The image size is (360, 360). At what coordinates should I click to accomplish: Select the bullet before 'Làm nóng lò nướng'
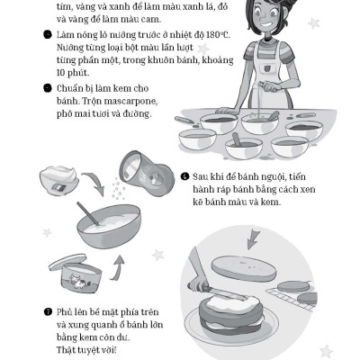pos(46,35)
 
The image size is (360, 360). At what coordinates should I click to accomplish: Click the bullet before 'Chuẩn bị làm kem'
pos(46,88)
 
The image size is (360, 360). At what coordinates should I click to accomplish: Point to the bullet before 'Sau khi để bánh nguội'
pos(184,177)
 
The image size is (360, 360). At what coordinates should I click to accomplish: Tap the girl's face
pos(260,22)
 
